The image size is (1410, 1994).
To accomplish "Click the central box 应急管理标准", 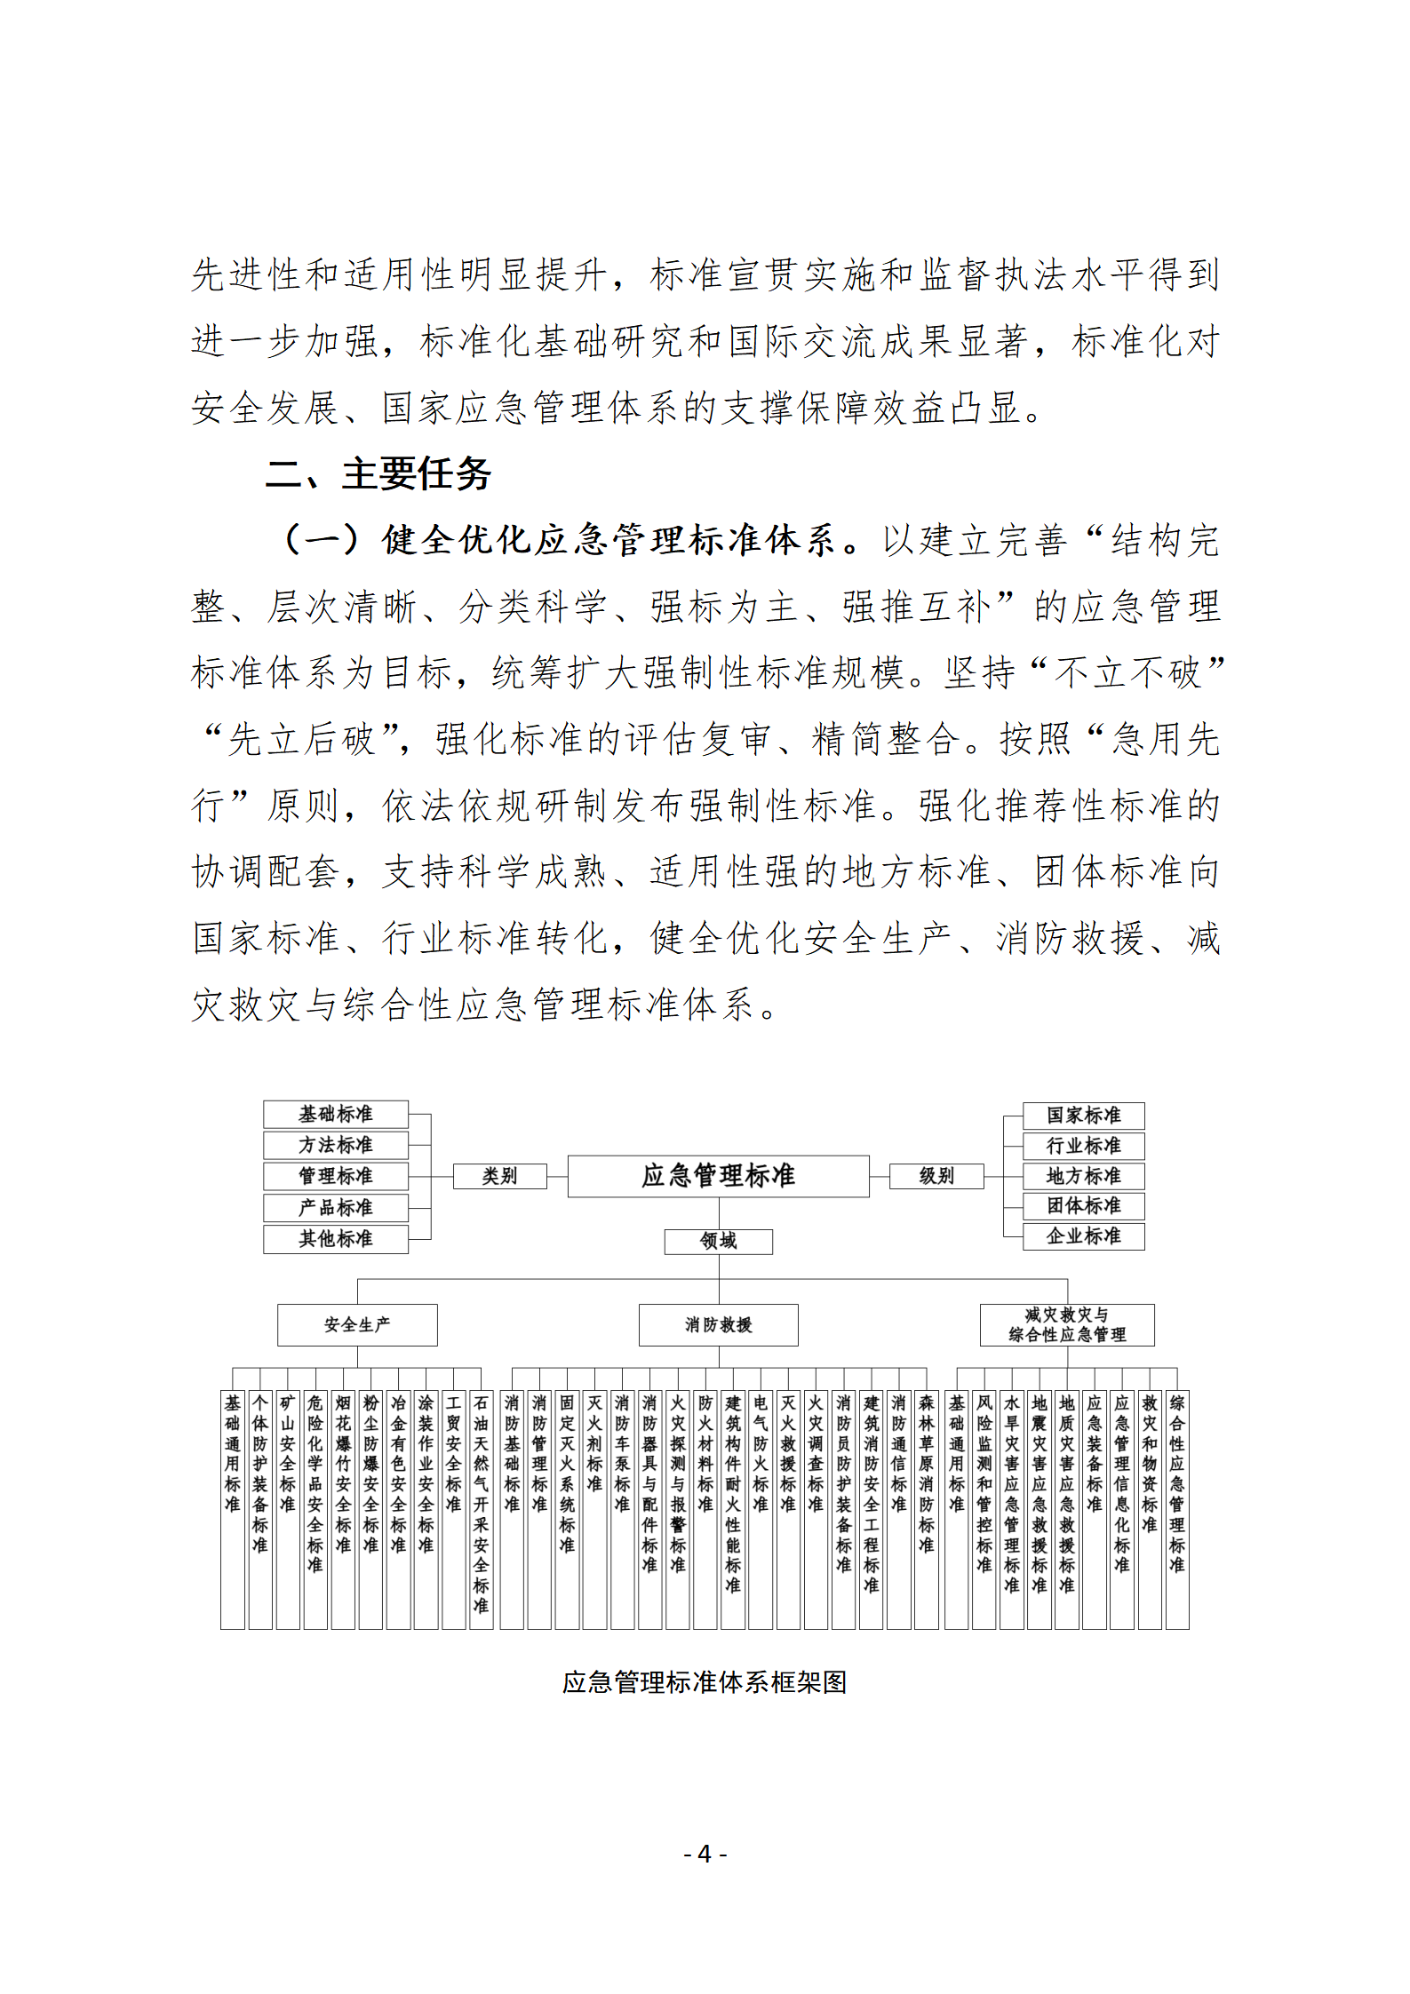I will (x=718, y=1176).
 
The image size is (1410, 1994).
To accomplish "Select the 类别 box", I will (x=499, y=1176).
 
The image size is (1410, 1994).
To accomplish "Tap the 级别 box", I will (x=936, y=1176).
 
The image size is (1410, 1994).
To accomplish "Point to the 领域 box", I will (x=718, y=1241).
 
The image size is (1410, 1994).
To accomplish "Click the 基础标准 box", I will (x=336, y=1114).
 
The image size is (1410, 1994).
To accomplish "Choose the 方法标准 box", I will (x=336, y=1145).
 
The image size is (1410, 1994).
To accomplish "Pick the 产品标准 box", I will (x=336, y=1207).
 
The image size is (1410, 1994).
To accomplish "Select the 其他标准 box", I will (x=336, y=1238).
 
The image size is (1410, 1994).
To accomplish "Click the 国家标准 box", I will (x=1083, y=1115).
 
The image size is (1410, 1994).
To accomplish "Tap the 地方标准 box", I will (x=1083, y=1176).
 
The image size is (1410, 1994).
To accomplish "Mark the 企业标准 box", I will (x=1083, y=1235).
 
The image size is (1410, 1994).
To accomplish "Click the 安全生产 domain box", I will (x=357, y=1324).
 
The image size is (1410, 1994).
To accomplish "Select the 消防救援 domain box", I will (x=718, y=1324).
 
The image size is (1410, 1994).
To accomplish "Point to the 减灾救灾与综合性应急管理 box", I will (x=1067, y=1324).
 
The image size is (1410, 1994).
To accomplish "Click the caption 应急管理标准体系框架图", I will (x=705, y=1681).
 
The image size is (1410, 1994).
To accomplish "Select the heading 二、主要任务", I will (x=378, y=473).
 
